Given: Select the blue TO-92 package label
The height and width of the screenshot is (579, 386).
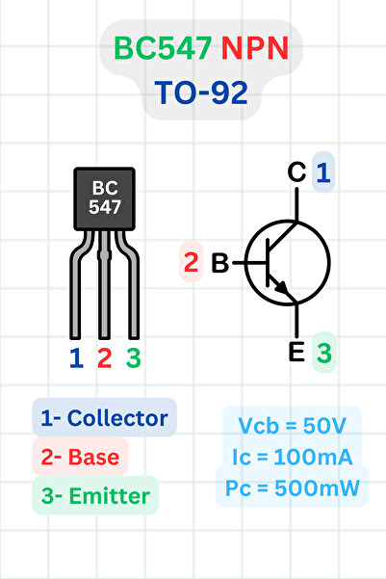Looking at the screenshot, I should [200, 92].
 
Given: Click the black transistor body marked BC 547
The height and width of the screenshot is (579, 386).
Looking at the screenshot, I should [104, 197].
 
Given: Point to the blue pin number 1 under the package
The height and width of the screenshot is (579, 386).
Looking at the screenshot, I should [76, 358].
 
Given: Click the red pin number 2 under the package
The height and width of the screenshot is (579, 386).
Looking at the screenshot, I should [104, 358].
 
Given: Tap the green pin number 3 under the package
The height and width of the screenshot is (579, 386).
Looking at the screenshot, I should [133, 358].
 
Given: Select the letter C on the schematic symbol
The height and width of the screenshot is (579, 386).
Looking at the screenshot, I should [297, 172].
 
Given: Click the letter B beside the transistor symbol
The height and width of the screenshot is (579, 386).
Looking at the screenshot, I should [219, 263].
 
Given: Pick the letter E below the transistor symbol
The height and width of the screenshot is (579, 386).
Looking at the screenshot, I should [297, 353].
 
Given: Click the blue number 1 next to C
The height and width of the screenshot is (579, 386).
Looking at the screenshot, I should [323, 172].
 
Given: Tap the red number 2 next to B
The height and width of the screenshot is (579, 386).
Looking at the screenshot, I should [192, 263].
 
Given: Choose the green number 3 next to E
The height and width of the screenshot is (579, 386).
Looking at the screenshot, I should [324, 354].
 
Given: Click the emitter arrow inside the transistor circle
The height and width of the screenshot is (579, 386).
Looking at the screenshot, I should [280, 285].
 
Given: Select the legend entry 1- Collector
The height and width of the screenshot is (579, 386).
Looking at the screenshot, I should [104, 418].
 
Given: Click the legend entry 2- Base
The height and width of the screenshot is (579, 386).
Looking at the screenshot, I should [81, 458].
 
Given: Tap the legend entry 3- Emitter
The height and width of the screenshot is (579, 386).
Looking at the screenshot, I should [94, 497].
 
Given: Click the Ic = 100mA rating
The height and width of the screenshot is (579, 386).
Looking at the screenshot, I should [292, 456].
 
